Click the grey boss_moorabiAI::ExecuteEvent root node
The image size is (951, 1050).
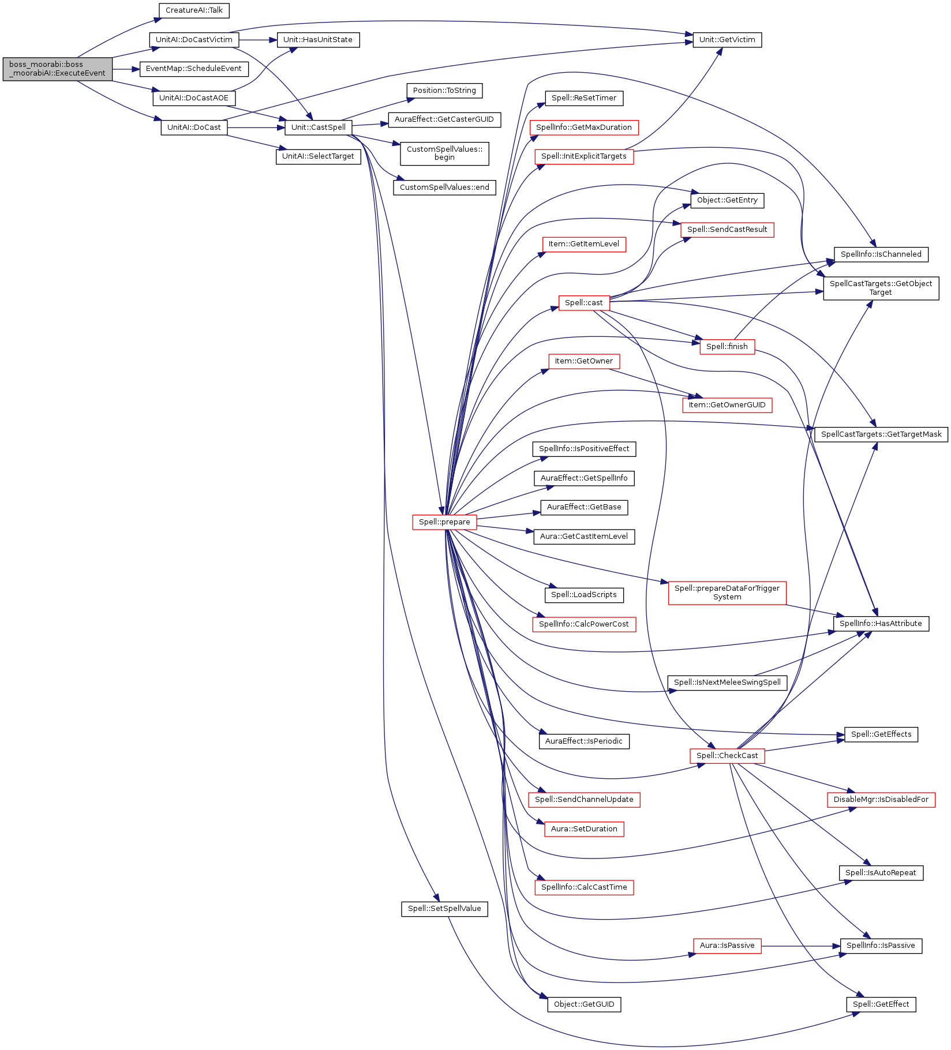[x=57, y=69]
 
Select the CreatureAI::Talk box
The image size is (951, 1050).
[x=194, y=10]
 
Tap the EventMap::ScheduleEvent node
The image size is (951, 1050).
[x=194, y=69]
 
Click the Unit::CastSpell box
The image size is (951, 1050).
[x=318, y=127]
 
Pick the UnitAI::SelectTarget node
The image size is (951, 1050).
[x=318, y=156]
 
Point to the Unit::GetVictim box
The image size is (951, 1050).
[x=727, y=40]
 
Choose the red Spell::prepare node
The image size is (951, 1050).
[x=444, y=522]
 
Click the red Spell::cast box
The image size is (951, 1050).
[x=583, y=303]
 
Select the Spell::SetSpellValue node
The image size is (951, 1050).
[x=444, y=909]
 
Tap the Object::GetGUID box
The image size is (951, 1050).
[x=583, y=1004]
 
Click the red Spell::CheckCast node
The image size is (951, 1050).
[x=727, y=756]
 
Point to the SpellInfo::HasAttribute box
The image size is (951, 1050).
[x=881, y=624]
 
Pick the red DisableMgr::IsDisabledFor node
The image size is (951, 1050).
[x=881, y=800]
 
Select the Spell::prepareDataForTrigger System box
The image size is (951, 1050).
[x=727, y=592]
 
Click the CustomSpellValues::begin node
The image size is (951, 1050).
[x=444, y=153]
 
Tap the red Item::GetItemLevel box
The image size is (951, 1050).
[x=583, y=244]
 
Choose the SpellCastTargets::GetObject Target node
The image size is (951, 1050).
[x=881, y=288]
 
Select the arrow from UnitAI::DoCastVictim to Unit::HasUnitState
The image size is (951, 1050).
[x=258, y=40]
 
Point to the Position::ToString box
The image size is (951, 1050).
[x=444, y=91]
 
